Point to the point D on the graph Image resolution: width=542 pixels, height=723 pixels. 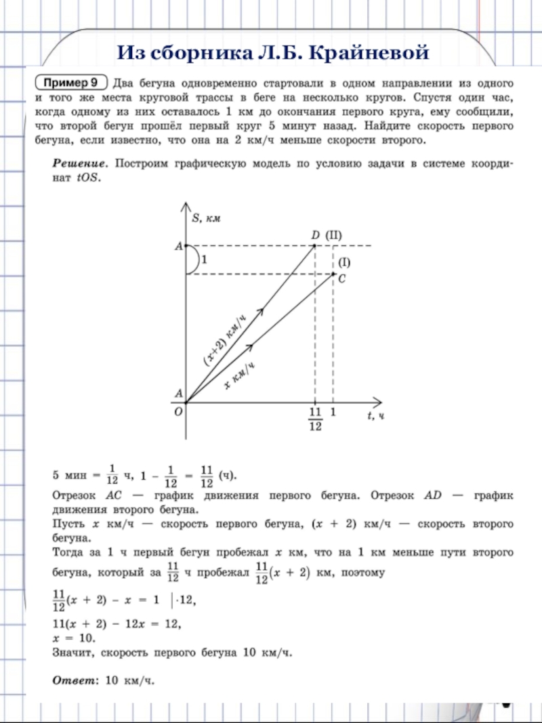315,245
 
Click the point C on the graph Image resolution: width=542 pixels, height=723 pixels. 334,274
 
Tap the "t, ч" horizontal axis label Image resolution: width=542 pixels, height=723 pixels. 376,415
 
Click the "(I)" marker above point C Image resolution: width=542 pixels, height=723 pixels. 344,262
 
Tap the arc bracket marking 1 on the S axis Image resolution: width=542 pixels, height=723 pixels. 192,260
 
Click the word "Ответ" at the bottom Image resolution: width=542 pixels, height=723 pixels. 75,680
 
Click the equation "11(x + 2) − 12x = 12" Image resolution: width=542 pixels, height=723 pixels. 117,624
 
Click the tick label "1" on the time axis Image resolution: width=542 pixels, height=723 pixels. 333,412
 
